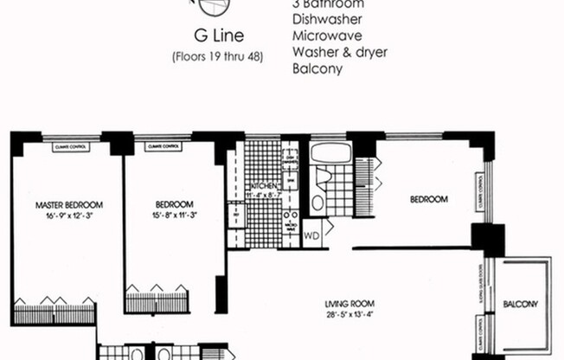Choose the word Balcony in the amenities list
(x=317, y=68)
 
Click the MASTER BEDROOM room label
(x=69, y=205)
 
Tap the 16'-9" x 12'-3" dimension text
(x=69, y=215)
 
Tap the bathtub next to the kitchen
(x=330, y=155)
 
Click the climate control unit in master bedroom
(x=70, y=147)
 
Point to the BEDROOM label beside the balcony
(x=428, y=200)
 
